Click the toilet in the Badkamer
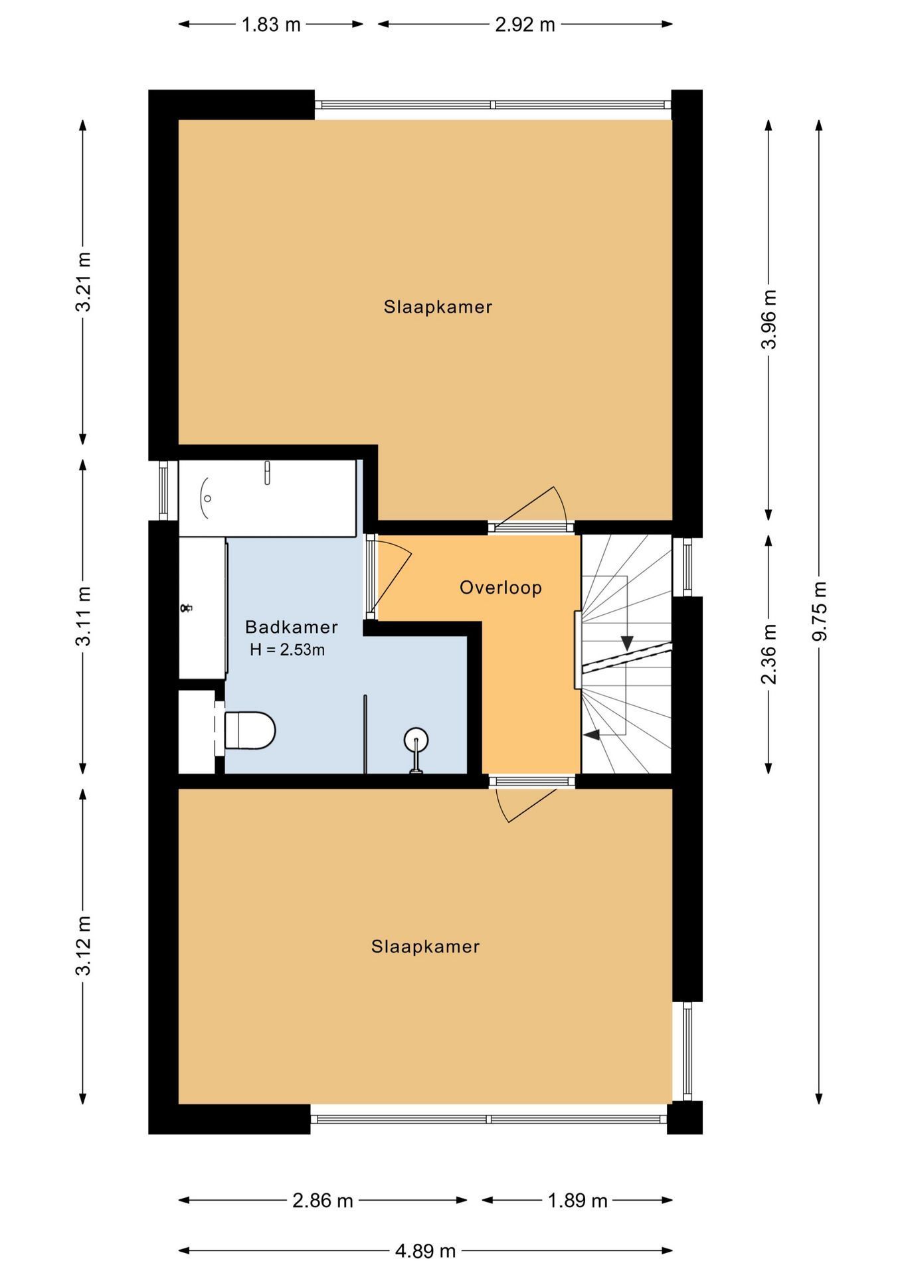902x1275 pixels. [x=250, y=730]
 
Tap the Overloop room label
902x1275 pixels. [x=501, y=588]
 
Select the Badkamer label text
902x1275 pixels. [x=291, y=627]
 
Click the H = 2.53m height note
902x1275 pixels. [x=287, y=650]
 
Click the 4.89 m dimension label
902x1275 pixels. [x=425, y=1251]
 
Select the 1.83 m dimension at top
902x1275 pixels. [x=271, y=25]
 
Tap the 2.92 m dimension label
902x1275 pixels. [x=525, y=25]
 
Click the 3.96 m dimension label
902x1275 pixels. [x=769, y=319]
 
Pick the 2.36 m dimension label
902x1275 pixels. [x=769, y=654]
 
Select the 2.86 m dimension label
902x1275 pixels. [x=322, y=1200]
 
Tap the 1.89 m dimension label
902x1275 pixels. [x=577, y=1200]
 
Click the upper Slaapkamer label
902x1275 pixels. [x=438, y=307]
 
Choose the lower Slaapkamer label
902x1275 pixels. [x=425, y=946]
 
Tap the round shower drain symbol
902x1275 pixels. [x=416, y=739]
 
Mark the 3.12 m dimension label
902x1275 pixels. [x=83, y=946]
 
